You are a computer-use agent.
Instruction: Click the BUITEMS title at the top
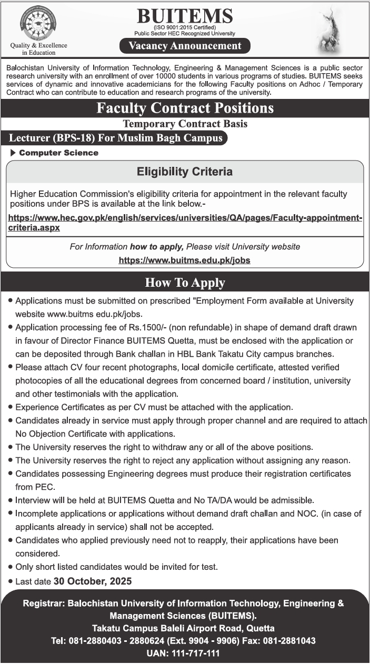click(x=184, y=17)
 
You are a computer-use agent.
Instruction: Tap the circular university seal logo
click(x=38, y=24)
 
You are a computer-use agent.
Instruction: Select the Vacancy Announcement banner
click(x=185, y=46)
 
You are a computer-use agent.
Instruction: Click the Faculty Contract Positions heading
click(x=185, y=108)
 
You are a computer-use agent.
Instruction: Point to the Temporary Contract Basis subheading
click(x=185, y=124)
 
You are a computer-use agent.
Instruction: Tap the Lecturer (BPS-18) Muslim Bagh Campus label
click(x=116, y=138)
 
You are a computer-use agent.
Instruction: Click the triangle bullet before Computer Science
click(x=13, y=153)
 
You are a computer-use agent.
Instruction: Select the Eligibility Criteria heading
click(x=185, y=172)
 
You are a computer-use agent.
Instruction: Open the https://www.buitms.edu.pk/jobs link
click(x=184, y=260)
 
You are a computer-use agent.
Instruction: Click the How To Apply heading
click(x=185, y=283)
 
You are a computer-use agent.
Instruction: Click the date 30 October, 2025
click(x=100, y=581)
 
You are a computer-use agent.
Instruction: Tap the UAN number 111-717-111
click(x=199, y=653)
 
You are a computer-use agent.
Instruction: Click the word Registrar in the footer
click(x=43, y=603)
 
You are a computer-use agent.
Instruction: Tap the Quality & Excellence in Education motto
click(x=39, y=49)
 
